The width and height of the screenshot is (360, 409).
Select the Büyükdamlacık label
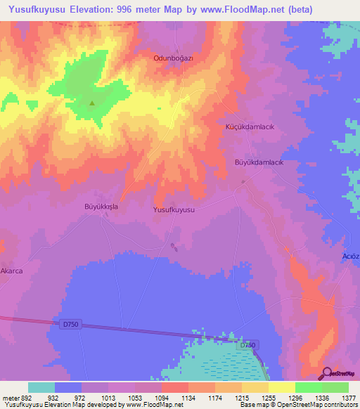pos(258,162)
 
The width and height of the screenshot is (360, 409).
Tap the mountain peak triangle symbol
pos(92,104)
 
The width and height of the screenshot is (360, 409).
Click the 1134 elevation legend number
pos(188,397)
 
